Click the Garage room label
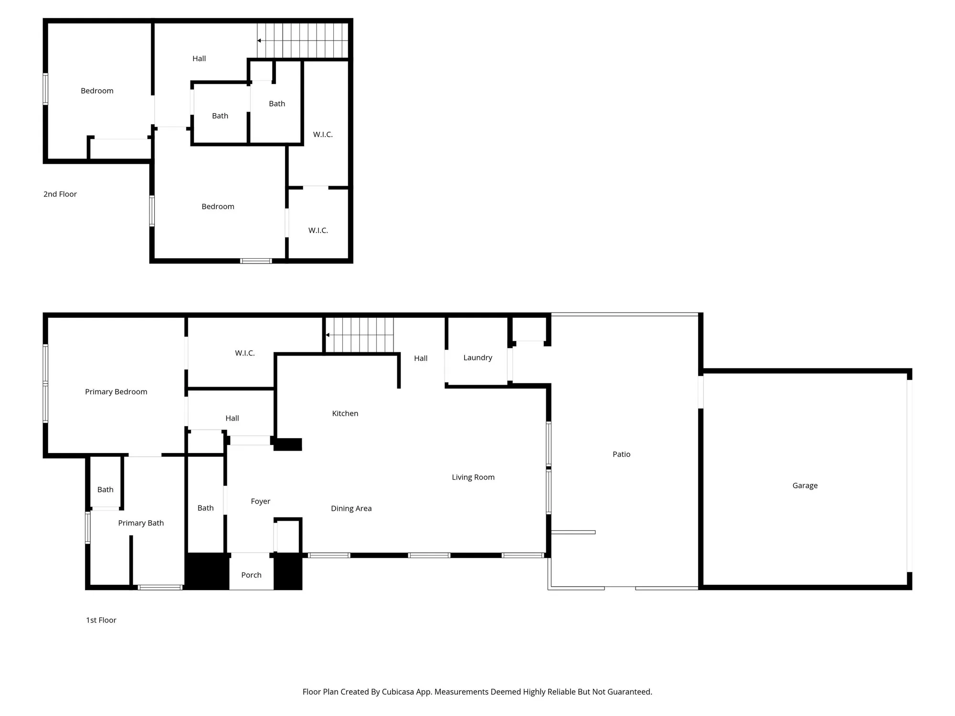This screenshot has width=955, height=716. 805,485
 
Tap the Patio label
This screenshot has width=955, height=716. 621,454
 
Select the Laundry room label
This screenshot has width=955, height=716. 477,358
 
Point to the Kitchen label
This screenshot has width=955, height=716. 345,413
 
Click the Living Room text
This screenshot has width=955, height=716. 473,477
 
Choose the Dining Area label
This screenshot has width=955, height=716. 351,508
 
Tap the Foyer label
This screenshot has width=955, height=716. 260,501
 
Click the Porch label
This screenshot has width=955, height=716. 251,575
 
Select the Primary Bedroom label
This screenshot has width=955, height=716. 116,392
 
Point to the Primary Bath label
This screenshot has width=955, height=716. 141,523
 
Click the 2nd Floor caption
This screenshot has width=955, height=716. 60,194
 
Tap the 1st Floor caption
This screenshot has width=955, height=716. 101,620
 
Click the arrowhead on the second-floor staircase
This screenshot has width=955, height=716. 259,41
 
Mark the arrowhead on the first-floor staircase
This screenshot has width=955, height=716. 328,335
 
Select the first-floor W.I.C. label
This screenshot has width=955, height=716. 244,353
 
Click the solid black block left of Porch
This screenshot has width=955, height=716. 207,571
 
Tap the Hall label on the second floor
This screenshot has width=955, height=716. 199,59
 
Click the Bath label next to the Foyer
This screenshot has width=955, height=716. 205,508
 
